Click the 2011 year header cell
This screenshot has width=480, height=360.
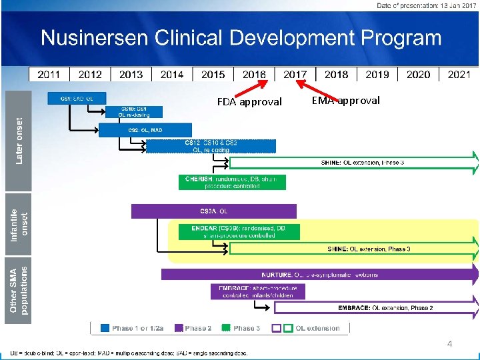point(49,74)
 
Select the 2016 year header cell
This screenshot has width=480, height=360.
point(254,74)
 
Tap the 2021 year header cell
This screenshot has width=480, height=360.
point(459,74)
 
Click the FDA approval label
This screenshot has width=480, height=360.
point(249,102)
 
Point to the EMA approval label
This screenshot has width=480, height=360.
point(345,101)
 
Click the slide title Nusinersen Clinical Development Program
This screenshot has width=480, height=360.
point(241,38)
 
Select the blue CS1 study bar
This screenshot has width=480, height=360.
point(76,99)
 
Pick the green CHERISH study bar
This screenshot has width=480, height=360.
point(232,182)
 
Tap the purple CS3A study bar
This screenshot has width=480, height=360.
point(213,211)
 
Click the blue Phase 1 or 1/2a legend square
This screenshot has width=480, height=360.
point(105,328)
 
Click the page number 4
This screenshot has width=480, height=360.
point(449,344)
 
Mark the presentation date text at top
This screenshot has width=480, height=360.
point(425,6)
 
